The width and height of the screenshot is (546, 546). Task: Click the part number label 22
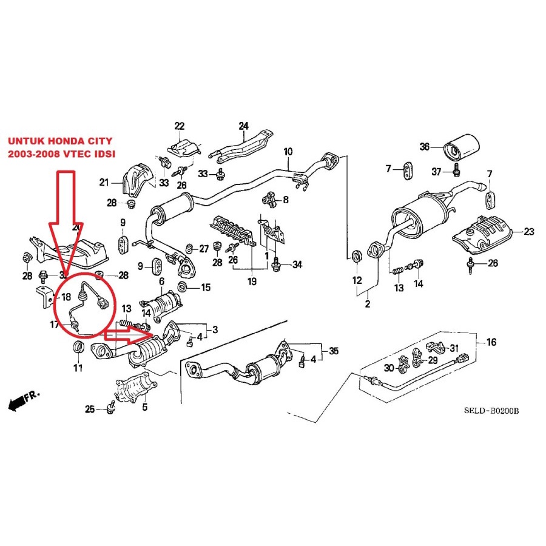click(x=179, y=126)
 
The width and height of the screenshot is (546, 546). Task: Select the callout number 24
click(x=243, y=126)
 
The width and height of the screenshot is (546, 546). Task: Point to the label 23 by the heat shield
click(x=528, y=231)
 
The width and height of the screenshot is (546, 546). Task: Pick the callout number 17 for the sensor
click(x=55, y=325)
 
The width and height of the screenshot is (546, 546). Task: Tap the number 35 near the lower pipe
click(x=334, y=350)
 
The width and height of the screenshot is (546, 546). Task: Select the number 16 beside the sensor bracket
click(x=491, y=342)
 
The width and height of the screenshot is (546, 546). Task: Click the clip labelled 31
click(x=436, y=348)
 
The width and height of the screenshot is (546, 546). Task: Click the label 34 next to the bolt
click(x=297, y=265)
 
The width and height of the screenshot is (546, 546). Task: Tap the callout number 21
click(x=104, y=182)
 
